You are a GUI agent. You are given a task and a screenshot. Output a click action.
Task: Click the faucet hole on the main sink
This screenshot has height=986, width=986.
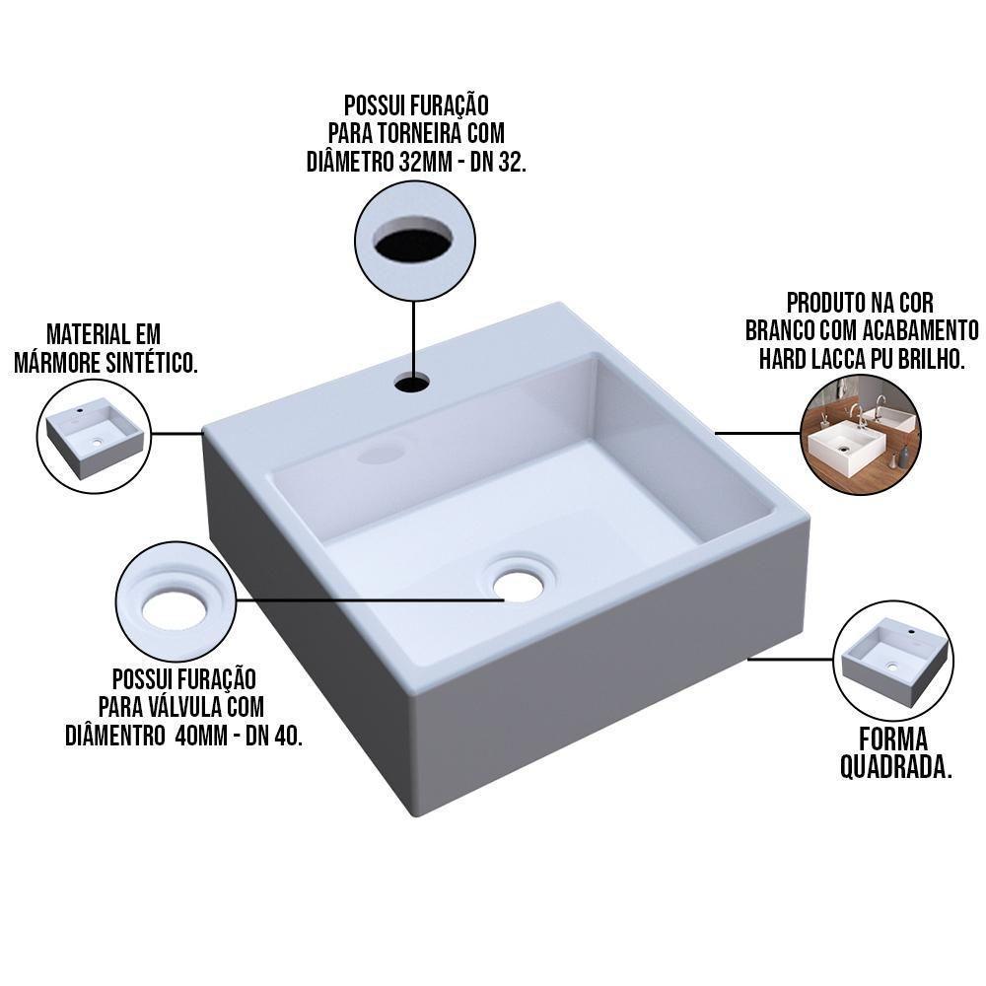(413, 382)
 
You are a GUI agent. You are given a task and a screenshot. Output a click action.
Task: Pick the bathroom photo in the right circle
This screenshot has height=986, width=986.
(861, 433)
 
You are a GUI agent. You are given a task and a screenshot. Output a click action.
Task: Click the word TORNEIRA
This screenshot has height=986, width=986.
(423, 133)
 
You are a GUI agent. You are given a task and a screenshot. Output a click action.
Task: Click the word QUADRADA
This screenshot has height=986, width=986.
(895, 766)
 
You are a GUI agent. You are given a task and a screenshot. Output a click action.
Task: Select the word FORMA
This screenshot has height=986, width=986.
(893, 739)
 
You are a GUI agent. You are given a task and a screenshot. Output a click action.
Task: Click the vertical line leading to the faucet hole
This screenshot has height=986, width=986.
(413, 340)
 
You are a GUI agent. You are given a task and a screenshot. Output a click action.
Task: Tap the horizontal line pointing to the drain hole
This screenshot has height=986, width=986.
(371, 599)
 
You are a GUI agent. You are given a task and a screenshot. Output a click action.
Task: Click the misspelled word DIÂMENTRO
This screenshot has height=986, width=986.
(114, 736)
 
